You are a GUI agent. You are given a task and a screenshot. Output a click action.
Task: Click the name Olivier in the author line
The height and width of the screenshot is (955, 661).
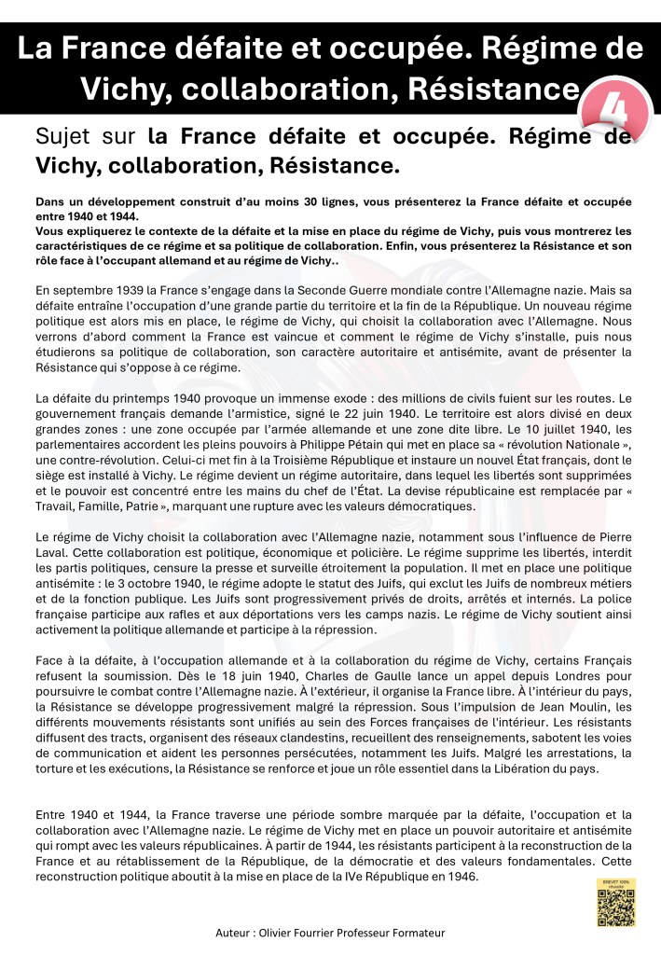(x=278, y=933)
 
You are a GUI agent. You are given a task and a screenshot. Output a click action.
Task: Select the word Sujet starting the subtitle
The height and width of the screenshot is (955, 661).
(x=62, y=138)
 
